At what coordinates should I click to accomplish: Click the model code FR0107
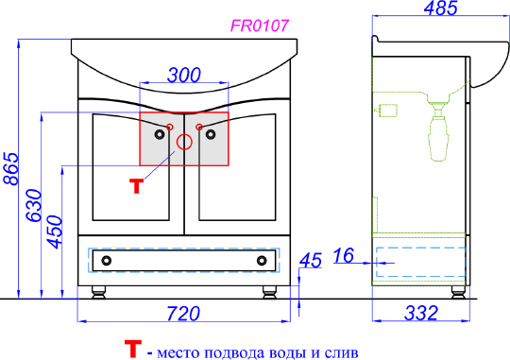coord(259,26)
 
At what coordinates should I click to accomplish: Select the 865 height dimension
coord(10,168)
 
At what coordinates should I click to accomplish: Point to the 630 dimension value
coord(34,205)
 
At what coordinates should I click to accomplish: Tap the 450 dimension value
coord(54,231)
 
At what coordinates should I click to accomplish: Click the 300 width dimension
coord(184,76)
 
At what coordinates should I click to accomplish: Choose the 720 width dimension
coord(183,314)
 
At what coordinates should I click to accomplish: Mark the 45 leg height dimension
coord(311,260)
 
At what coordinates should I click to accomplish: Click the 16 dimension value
coord(343,255)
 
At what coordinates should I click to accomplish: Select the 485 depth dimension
coord(441,8)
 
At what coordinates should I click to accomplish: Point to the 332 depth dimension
coord(421,313)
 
